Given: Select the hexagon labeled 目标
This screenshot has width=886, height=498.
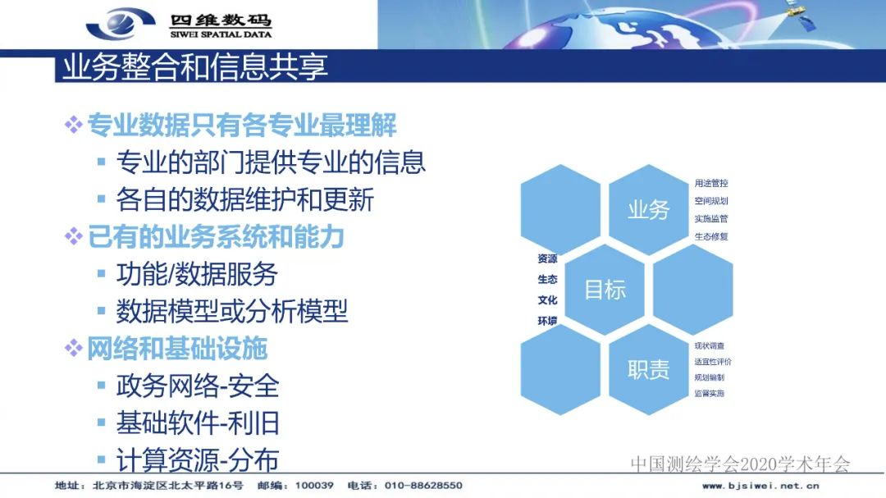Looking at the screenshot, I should point(605,289).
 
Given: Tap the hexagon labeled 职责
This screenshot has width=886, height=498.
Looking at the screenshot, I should point(649,369).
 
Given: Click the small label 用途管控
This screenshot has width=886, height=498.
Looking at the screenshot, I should point(710,183).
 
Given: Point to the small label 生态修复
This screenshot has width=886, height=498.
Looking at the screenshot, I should point(710,236).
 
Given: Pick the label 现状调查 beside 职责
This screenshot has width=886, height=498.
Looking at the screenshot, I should point(709,345).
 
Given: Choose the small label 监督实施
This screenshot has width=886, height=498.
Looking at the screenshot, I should point(709,393).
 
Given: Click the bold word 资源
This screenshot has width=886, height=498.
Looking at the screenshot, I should point(547,258).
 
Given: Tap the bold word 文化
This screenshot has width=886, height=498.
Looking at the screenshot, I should point(547,299).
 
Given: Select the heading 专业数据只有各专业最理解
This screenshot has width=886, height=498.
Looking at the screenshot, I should point(242,125).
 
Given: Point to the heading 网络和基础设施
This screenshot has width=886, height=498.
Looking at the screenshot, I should point(177,349).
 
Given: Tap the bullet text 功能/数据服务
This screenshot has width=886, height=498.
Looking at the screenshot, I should point(197,274).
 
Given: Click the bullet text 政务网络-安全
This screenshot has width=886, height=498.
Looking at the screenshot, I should point(198,386).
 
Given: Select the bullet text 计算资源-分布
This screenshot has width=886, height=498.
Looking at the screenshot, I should point(198,460).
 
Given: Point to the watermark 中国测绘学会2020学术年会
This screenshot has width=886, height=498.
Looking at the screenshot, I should point(740,464).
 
